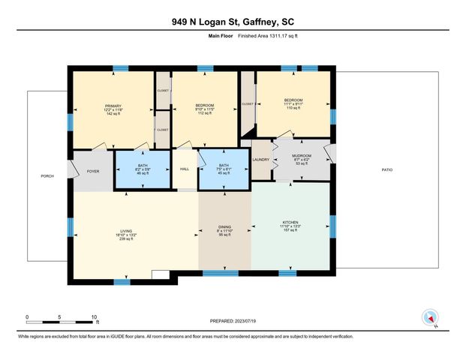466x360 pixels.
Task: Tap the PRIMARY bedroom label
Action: click(x=113, y=106)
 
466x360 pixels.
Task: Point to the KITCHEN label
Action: click(x=290, y=222)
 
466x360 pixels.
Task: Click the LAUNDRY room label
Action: click(x=260, y=159)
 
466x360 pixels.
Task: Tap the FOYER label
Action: click(x=92, y=171)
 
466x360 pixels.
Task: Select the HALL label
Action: click(x=185, y=169)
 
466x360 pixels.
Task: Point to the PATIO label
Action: click(x=387, y=170)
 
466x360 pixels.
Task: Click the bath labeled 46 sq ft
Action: click(x=143, y=169)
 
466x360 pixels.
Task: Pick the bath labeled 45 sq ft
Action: click(x=223, y=169)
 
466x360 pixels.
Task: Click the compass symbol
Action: click(x=430, y=317)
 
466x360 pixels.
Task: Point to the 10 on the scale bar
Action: click(x=95, y=317)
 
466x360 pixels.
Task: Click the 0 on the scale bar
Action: click(x=27, y=317)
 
